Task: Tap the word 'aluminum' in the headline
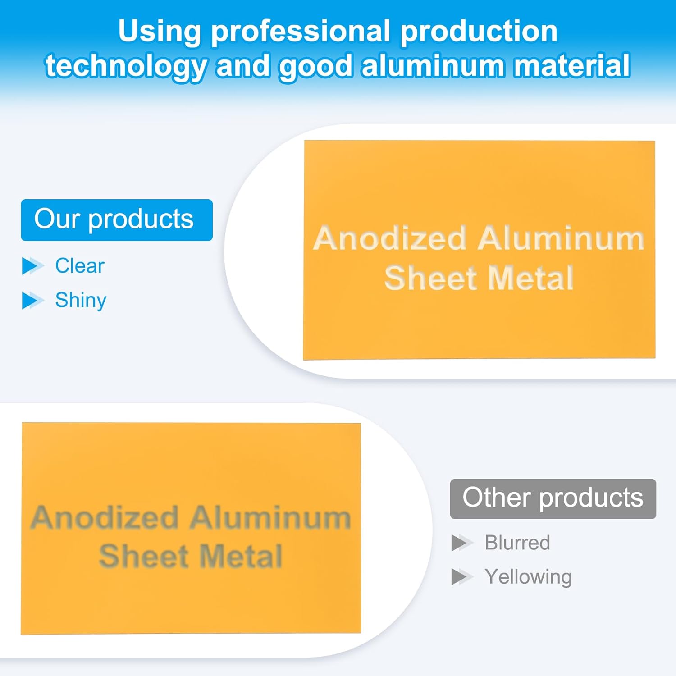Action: [433, 66]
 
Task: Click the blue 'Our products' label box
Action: [117, 220]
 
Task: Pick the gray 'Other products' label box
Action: [553, 498]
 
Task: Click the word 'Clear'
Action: [80, 266]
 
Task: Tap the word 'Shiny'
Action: [81, 301]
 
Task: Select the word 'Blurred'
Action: [517, 543]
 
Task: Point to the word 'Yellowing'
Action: [528, 577]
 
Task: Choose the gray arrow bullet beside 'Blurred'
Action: [462, 543]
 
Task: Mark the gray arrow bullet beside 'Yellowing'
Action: [462, 577]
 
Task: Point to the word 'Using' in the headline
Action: [160, 32]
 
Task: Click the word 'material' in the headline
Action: [571, 66]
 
